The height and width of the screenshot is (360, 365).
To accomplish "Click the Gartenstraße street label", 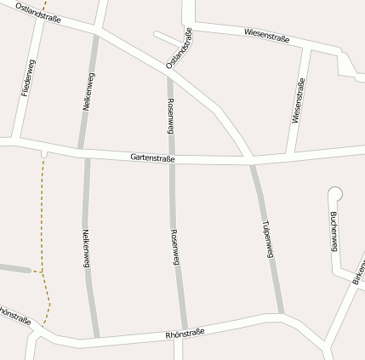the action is [x=153, y=158].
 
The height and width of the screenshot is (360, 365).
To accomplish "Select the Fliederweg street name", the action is [x=27, y=78].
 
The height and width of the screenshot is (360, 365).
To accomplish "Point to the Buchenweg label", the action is [x=334, y=231].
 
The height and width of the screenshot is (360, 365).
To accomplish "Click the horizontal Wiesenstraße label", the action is [x=266, y=35].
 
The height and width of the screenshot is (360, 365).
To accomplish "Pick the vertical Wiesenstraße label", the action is [x=297, y=101].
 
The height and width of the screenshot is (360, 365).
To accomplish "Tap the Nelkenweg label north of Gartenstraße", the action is [x=88, y=94].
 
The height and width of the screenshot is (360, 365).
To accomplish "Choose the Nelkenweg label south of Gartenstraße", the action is [x=86, y=249].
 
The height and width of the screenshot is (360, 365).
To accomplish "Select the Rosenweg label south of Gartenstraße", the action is [x=175, y=249].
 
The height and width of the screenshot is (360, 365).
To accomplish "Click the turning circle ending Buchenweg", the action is [x=334, y=194].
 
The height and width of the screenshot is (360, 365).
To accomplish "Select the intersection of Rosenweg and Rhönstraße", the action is [x=183, y=329].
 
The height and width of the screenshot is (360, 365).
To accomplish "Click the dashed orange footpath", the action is [x=42, y=221].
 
